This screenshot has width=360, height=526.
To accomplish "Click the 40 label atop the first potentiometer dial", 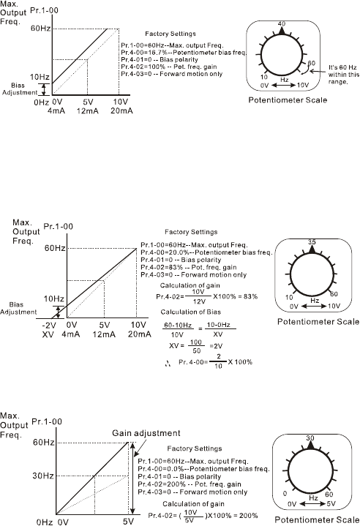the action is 282,24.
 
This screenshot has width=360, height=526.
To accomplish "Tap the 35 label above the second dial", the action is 312,242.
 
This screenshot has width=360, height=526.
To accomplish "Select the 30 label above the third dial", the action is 310,437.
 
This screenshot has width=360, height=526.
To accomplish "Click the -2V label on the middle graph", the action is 49,325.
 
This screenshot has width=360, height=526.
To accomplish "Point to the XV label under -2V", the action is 48,334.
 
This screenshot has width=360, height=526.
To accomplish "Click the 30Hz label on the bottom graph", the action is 43,476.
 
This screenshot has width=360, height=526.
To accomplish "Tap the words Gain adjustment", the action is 146,433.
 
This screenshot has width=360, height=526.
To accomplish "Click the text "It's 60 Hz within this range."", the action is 344,75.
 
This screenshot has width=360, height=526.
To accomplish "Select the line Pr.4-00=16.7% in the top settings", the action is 184,53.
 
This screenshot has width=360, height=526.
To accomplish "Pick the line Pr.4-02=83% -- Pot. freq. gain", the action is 189,267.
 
